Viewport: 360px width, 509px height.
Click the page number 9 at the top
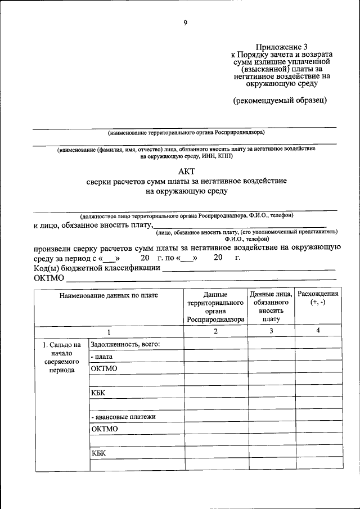click(x=185, y=23)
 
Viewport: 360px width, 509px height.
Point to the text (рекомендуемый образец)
click(x=280, y=100)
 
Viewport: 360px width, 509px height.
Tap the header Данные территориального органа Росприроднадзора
click(x=216, y=307)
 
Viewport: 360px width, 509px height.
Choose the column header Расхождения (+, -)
click(x=318, y=298)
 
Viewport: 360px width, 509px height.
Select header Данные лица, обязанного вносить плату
click(x=271, y=307)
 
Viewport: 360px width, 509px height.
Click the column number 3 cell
click(x=271, y=331)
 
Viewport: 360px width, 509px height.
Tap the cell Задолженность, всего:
click(x=126, y=344)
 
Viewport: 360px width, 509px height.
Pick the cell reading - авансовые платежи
click(x=123, y=417)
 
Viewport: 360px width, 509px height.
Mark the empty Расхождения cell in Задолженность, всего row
click(x=318, y=344)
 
